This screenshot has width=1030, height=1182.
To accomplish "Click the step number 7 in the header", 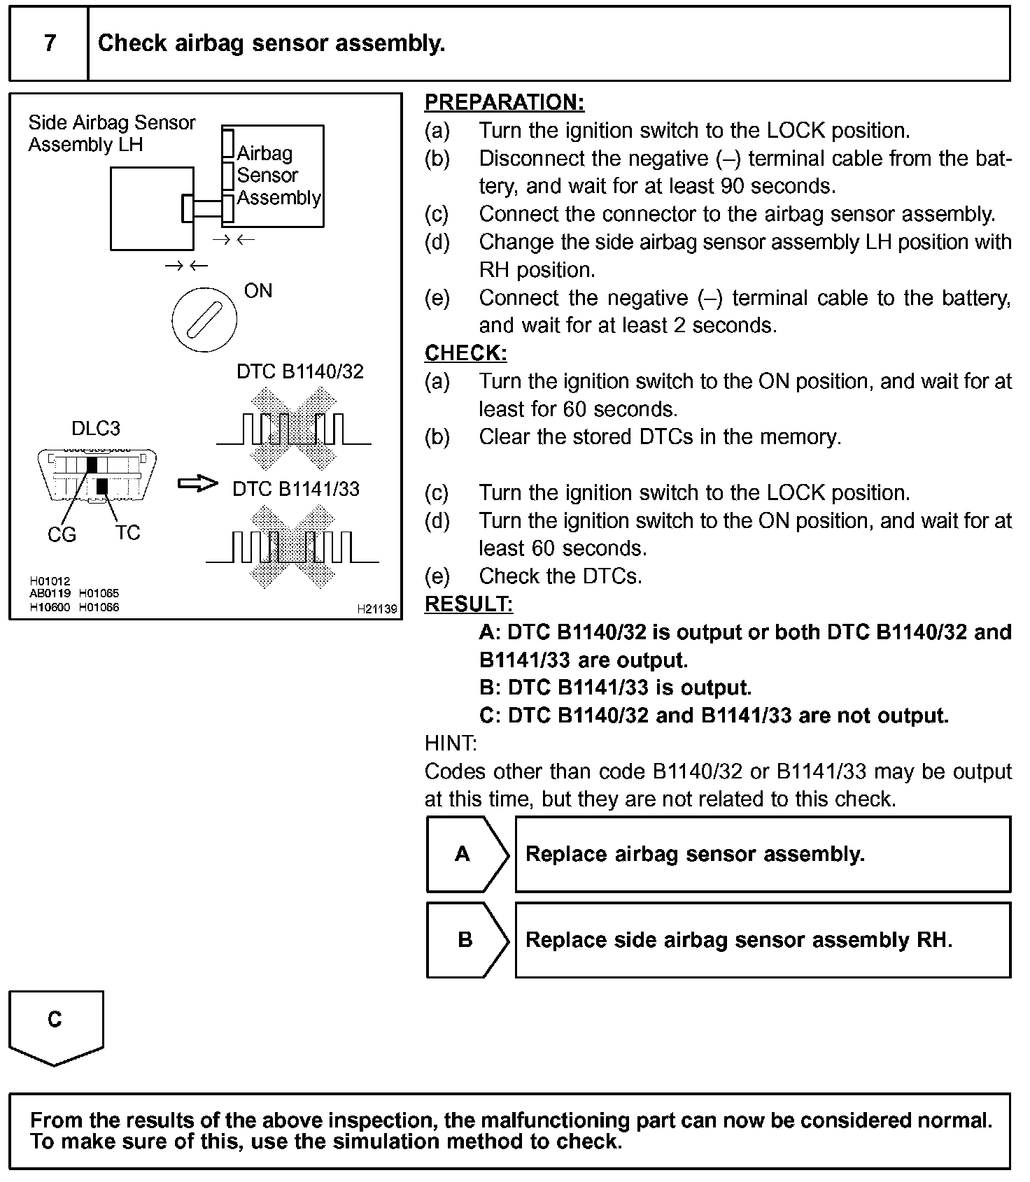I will pyautogui.click(x=50, y=43).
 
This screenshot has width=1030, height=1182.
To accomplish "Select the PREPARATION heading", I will pyautogui.click(x=504, y=103).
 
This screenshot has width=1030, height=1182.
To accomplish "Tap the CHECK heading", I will pyautogui.click(x=465, y=353).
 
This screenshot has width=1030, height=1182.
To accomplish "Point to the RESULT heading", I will pyautogui.click(x=468, y=604).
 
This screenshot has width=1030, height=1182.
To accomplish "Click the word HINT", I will pyautogui.click(x=450, y=743).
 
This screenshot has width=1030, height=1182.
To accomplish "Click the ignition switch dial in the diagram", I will pyautogui.click(x=204, y=320).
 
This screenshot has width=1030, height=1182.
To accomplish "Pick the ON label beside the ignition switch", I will pyautogui.click(x=258, y=291).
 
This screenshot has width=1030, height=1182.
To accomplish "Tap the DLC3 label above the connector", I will pyautogui.click(x=96, y=429).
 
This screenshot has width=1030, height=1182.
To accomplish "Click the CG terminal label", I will pyautogui.click(x=62, y=535).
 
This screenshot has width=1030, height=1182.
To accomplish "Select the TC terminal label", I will pyautogui.click(x=128, y=533).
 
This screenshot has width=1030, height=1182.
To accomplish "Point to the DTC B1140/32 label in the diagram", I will pyautogui.click(x=300, y=371).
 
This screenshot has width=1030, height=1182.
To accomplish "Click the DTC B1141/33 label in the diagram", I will pyautogui.click(x=296, y=489).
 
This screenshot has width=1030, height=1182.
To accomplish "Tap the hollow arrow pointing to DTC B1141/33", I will pyautogui.click(x=198, y=484).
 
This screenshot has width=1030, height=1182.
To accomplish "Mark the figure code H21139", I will pyautogui.click(x=376, y=609).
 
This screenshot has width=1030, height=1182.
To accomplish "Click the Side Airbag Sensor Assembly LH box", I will pyautogui.click(x=151, y=208).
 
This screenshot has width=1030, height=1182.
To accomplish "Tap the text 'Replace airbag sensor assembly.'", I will pyautogui.click(x=695, y=855).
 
